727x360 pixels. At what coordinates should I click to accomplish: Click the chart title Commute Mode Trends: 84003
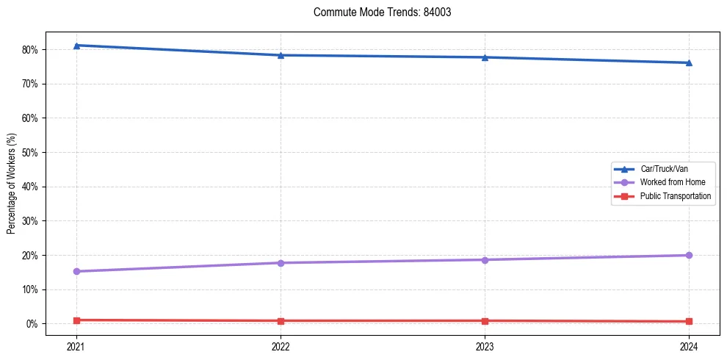[x=377, y=12]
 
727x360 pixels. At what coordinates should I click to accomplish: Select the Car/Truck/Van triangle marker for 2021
[x=76, y=46]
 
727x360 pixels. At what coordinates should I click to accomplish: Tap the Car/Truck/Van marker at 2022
[x=281, y=55]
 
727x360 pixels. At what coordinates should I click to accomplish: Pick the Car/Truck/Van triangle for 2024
[x=689, y=62]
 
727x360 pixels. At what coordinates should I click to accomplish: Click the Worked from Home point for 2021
[x=76, y=271]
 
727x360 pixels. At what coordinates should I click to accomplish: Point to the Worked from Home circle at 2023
[x=485, y=259]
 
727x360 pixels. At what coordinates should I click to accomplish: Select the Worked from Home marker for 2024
[x=689, y=255]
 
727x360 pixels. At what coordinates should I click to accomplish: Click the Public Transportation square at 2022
[x=281, y=321]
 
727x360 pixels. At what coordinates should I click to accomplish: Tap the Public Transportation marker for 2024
[x=689, y=321]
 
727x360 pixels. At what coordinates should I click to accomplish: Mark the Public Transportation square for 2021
[x=76, y=320]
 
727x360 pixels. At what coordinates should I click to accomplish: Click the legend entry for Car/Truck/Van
[x=664, y=169]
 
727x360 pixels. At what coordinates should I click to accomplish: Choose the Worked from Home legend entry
[x=673, y=182]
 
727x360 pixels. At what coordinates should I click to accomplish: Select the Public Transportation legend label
[x=676, y=196]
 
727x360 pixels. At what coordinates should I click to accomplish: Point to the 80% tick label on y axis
[x=30, y=50]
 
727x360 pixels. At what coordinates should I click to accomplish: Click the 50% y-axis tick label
[x=30, y=152]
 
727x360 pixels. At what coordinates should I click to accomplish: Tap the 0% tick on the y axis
[x=32, y=324]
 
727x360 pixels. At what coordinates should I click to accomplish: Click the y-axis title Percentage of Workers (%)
[x=11, y=183]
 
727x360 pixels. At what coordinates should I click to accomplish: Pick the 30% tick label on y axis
[x=30, y=221]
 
